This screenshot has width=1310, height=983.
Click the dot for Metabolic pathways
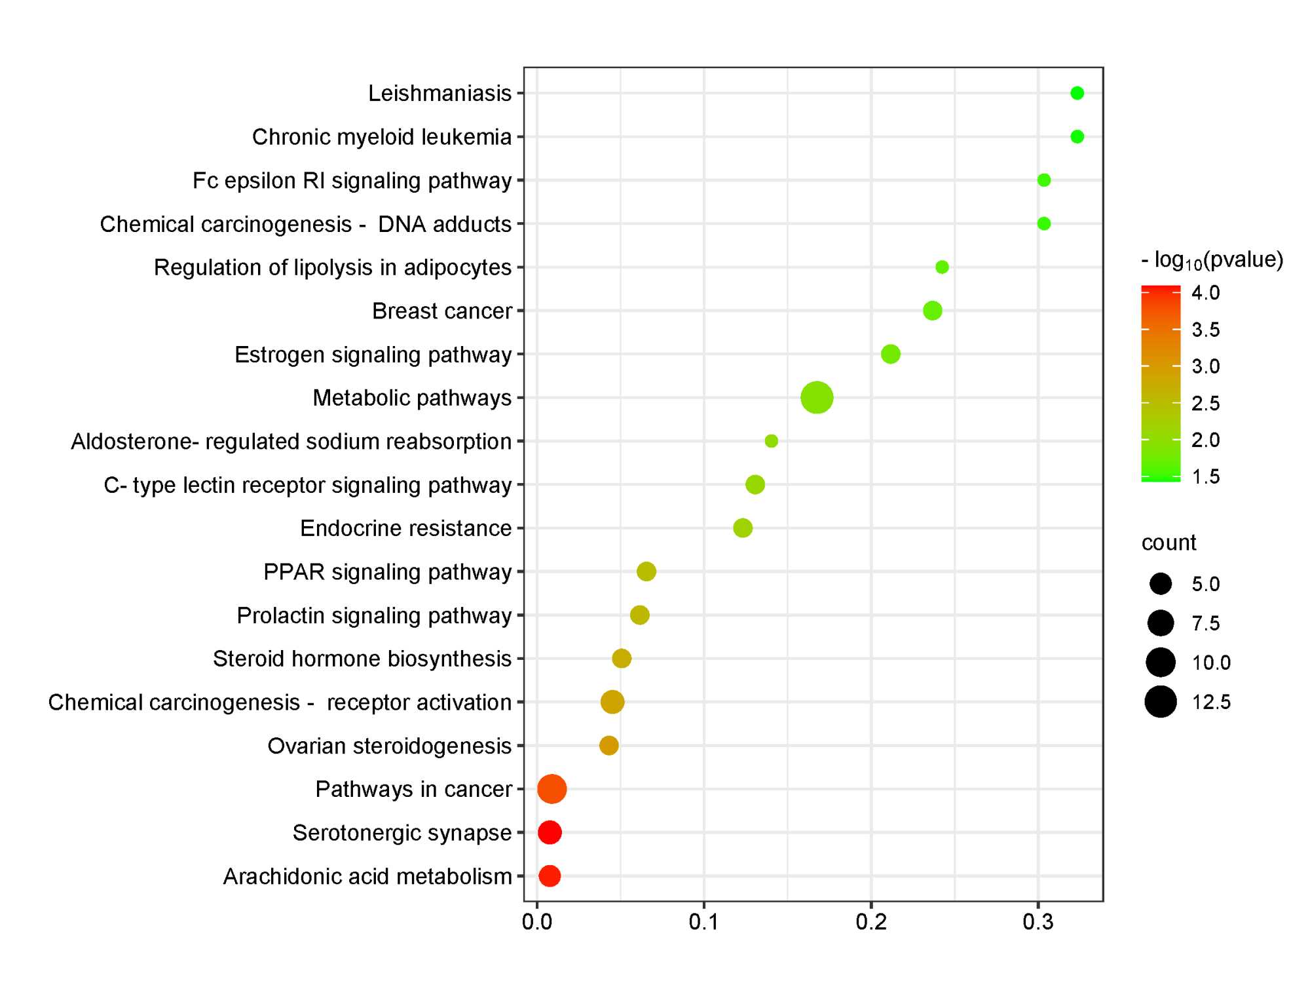coord(817,398)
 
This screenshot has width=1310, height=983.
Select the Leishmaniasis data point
coord(1077,93)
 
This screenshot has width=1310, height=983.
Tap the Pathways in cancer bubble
coord(552,789)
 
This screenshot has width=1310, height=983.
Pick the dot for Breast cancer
coord(932,311)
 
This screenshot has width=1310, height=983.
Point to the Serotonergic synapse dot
coord(550,833)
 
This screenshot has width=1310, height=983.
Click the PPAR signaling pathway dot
coord(646,571)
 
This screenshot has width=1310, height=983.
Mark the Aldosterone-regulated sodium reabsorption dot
coord(772,441)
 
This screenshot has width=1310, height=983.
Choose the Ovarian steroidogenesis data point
coord(609,746)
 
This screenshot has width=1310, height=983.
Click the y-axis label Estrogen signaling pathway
coord(373,355)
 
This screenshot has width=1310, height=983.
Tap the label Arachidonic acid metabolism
coord(367,876)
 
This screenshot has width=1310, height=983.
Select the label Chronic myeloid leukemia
coord(382,137)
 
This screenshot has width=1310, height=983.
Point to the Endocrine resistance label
coord(405,528)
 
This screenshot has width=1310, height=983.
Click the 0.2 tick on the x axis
coord(871,923)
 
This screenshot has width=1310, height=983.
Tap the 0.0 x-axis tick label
coord(537,923)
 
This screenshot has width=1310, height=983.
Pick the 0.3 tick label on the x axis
coord(1038,923)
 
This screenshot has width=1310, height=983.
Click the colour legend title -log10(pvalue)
coord(1212,261)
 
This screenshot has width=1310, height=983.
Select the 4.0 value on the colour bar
coord(1205,292)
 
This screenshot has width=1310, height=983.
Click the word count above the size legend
coord(1169,543)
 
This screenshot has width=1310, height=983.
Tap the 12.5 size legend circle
coord(1161,702)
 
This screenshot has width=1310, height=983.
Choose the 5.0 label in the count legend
coord(1206,584)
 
